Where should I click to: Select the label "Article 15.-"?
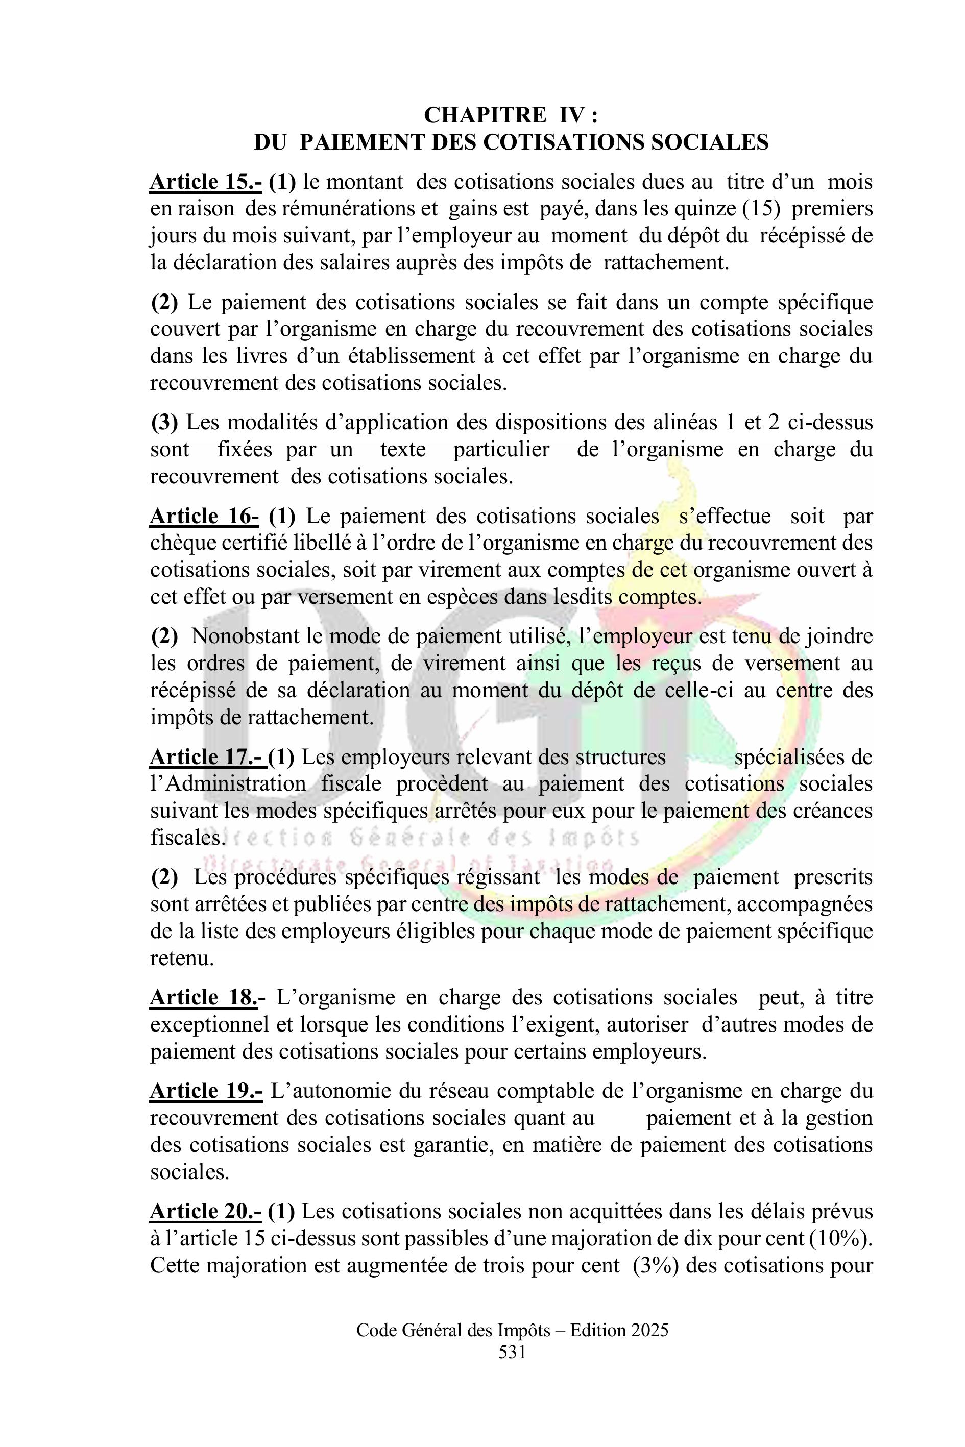(206, 182)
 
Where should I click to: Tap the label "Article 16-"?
(204, 516)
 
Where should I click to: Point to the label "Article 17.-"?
(207, 757)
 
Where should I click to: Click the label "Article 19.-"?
(206, 1091)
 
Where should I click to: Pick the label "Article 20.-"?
(206, 1211)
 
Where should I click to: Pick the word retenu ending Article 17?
(182, 959)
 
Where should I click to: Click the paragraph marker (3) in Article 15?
(164, 423)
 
